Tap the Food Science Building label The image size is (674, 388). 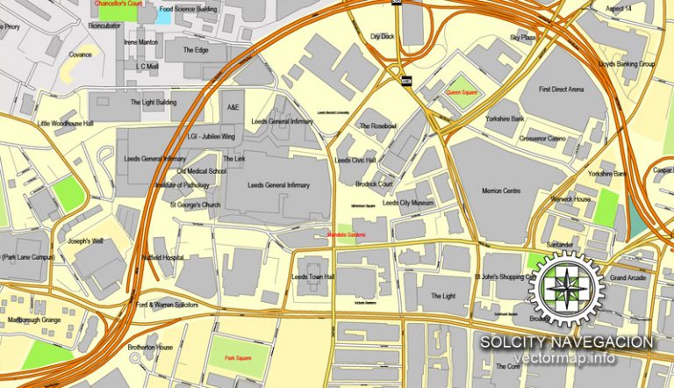click(x=188, y=9)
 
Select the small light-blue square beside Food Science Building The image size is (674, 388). click(x=163, y=15)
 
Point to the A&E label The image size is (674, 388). click(x=233, y=106)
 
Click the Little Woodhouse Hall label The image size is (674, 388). click(x=65, y=124)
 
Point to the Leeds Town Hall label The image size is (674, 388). click(x=312, y=276)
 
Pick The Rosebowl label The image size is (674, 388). click(x=377, y=126)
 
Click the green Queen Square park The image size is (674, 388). click(x=460, y=91)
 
